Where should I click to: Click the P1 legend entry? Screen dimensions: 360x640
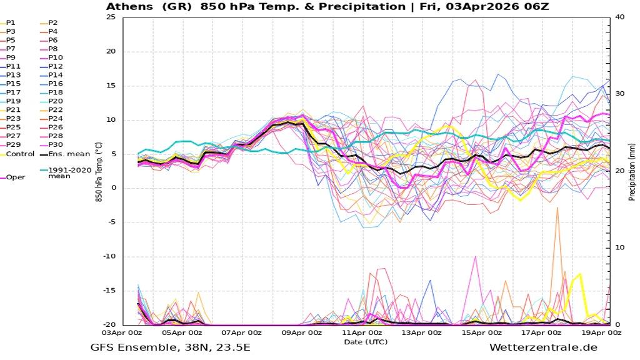coord(11,22)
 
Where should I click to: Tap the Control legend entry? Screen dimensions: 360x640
coord(19,154)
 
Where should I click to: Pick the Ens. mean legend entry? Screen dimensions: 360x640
coord(69,154)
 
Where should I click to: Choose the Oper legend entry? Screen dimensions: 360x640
coord(16,177)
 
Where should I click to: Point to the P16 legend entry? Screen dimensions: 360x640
coord(55,84)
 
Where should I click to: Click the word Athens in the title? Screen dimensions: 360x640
coord(128,6)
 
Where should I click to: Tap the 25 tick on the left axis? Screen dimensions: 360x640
coord(111,17)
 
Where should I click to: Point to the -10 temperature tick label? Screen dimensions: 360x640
coord(109,256)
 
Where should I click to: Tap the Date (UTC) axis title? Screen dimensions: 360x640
coord(366,341)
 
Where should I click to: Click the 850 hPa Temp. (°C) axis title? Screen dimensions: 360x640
coord(99,171)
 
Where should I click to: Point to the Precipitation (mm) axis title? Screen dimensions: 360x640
coord(632,171)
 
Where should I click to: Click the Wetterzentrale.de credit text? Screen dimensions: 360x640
coord(543,348)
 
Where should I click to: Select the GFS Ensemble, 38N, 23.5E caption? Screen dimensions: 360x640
coord(170,348)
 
